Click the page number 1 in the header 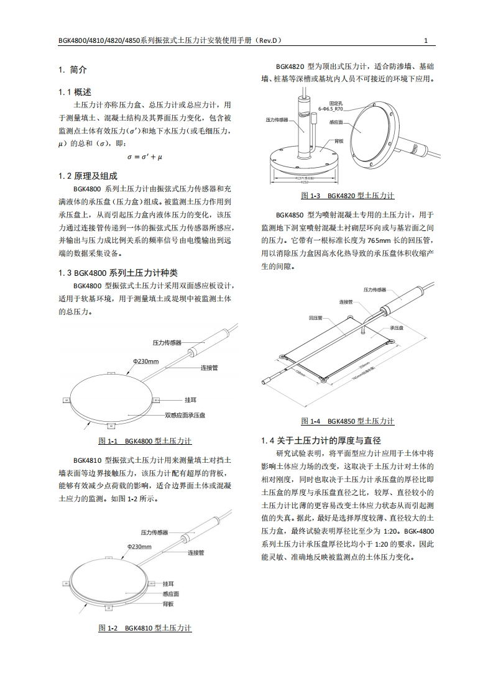(x=426, y=40)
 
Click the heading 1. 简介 (x=72, y=70)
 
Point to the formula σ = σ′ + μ (x=144, y=157)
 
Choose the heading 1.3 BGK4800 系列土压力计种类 (x=117, y=272)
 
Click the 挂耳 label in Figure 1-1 (x=191, y=399)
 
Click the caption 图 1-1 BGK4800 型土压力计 (x=145, y=441)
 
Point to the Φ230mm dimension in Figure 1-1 (x=145, y=361)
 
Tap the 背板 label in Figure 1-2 (x=168, y=603)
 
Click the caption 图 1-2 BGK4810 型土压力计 (x=145, y=628)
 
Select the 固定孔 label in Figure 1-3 (x=336, y=101)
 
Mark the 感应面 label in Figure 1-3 (x=336, y=122)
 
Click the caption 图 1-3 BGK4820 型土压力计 (x=348, y=196)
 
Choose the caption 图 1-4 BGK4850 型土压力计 (x=348, y=421)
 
